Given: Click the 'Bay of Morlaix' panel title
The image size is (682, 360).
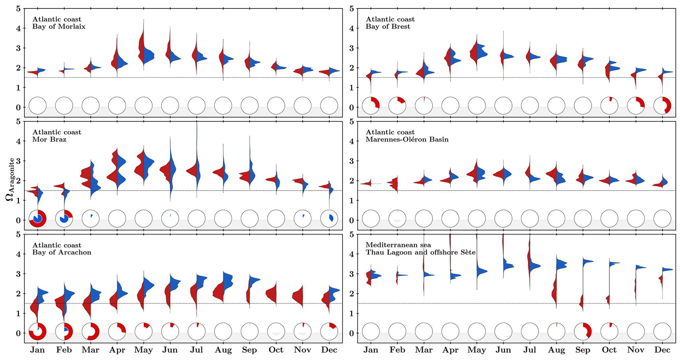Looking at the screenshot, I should pyautogui.click(x=59, y=27).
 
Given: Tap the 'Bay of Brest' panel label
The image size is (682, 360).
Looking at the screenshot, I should pyautogui.click(x=388, y=27).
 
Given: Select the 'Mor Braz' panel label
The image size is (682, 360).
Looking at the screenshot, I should pyautogui.click(x=49, y=140).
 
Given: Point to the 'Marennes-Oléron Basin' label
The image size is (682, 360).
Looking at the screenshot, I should pyautogui.click(x=407, y=140).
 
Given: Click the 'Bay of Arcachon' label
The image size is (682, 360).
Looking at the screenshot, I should pyautogui.click(x=62, y=252).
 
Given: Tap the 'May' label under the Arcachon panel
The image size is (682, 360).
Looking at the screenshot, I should pyautogui.click(x=144, y=350).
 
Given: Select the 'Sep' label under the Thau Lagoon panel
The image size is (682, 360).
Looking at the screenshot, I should pyautogui.click(x=583, y=350).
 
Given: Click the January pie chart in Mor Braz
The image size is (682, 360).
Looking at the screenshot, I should pyautogui.click(x=38, y=218).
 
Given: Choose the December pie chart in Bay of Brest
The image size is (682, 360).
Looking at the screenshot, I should pyautogui.click(x=662, y=106).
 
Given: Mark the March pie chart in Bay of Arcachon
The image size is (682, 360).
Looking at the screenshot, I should pyautogui.click(x=90, y=331).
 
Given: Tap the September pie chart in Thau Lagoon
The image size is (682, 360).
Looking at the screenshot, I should pyautogui.click(x=583, y=331).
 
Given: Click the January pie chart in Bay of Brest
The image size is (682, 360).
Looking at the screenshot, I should pyautogui.click(x=371, y=106).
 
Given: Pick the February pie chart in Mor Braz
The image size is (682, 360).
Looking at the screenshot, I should pyautogui.click(x=64, y=218).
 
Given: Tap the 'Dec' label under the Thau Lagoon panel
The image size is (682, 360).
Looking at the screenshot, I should pyautogui.click(x=662, y=350).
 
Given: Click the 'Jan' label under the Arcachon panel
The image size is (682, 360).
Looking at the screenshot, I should pyautogui.click(x=38, y=350).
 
